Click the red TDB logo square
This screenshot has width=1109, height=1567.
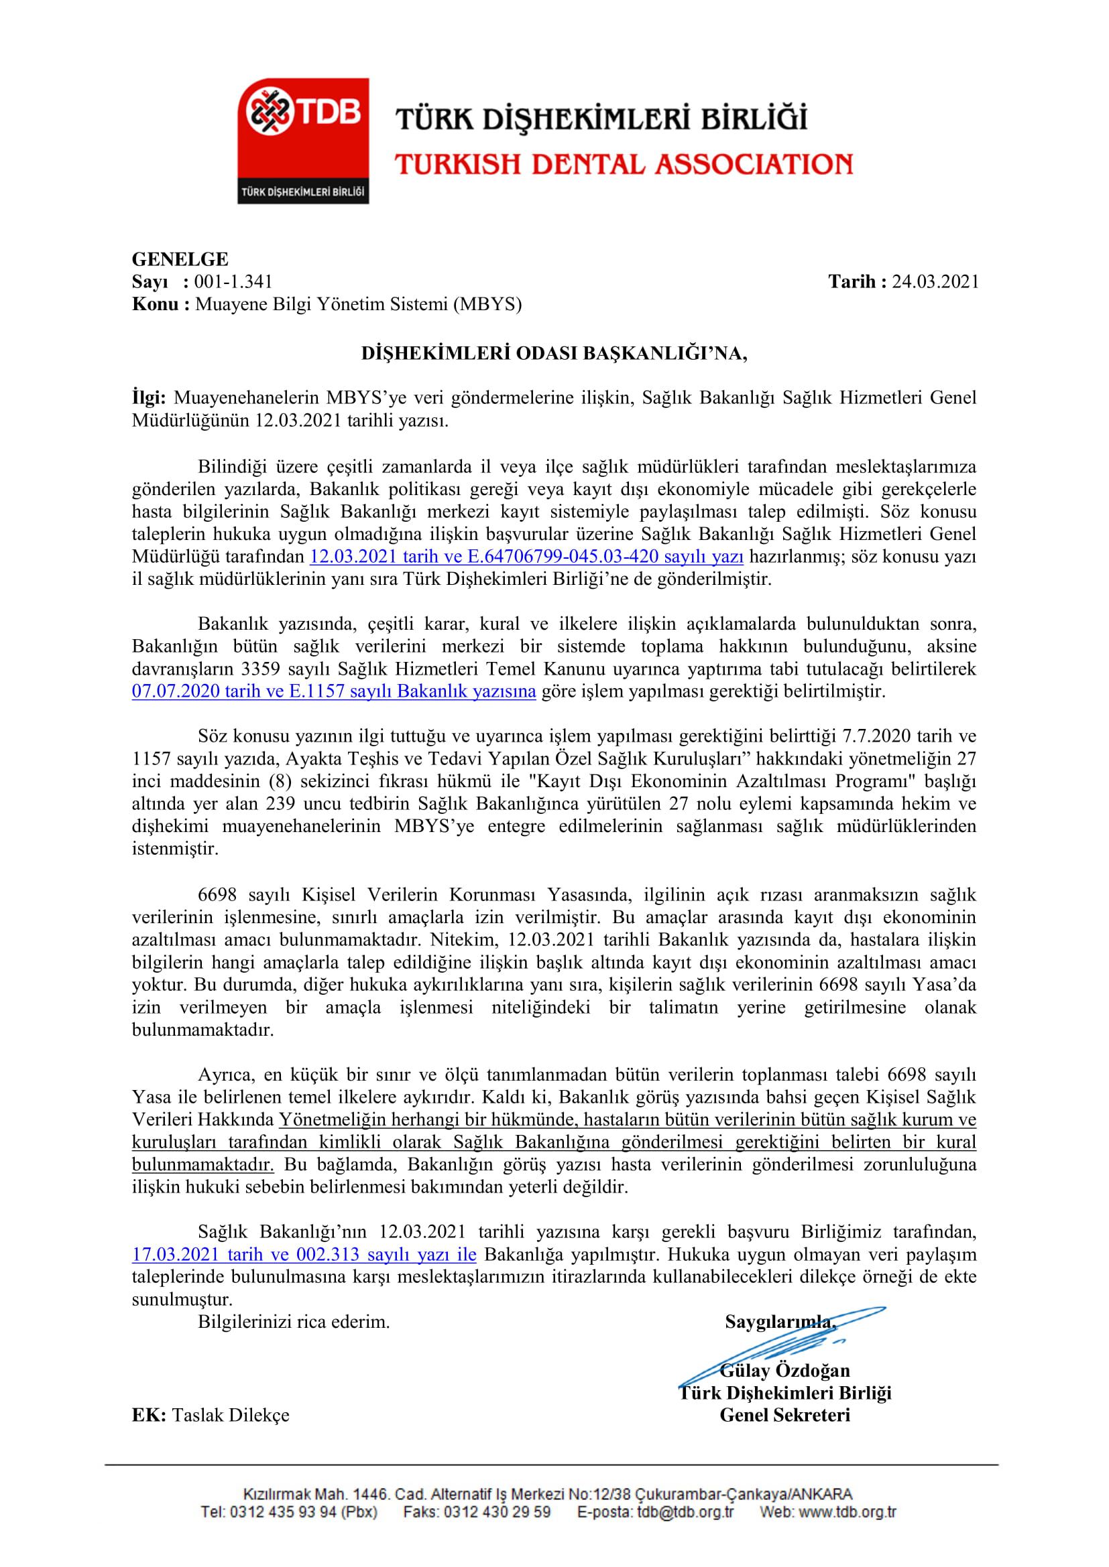tap(302, 140)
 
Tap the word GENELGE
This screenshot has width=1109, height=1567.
tap(180, 259)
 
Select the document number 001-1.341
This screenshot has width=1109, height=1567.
tap(233, 282)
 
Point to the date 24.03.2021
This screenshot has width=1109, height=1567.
tap(935, 282)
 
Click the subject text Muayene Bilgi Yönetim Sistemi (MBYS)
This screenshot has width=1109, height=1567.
tap(359, 304)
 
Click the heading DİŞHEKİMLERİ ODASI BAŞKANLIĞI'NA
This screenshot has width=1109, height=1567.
tap(554, 354)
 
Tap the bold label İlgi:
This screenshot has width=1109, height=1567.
tap(150, 398)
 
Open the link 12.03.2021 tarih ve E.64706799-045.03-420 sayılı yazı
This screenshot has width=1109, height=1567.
tap(526, 557)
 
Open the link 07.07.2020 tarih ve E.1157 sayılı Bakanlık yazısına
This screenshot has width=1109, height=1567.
tap(334, 691)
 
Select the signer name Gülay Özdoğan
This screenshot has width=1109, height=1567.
tap(784, 1371)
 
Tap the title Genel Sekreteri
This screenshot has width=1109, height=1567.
tap(784, 1415)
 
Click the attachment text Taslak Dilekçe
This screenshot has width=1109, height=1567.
tap(231, 1416)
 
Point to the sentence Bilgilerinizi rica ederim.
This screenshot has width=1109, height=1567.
tap(294, 1322)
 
